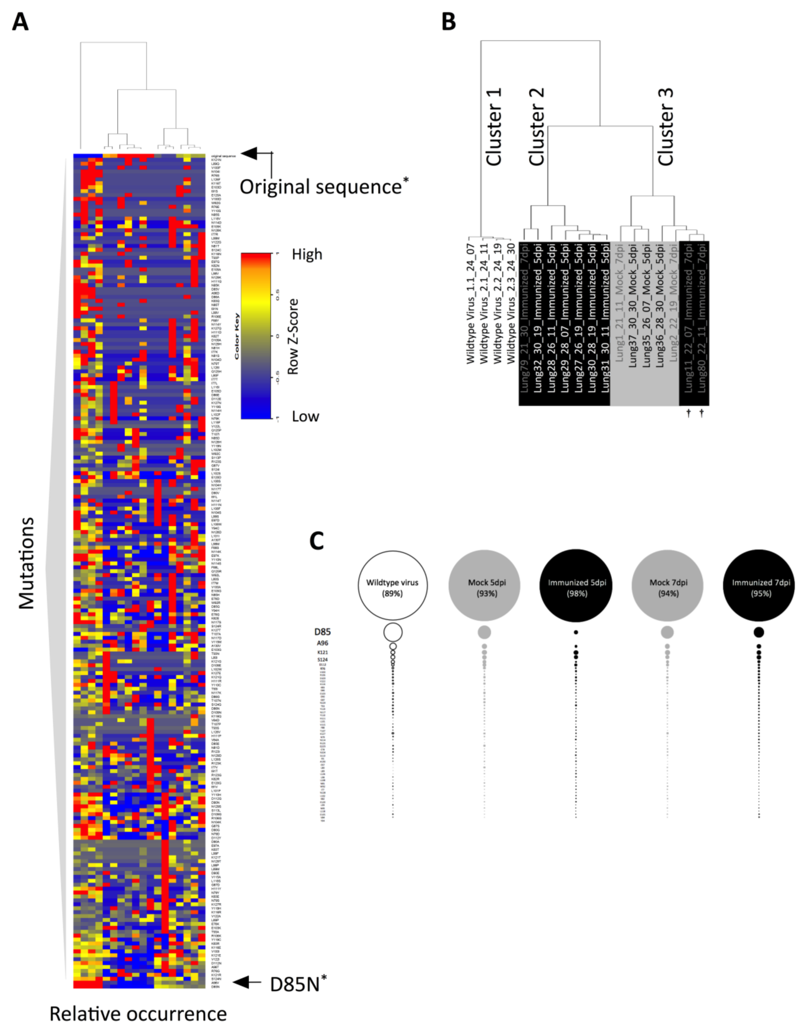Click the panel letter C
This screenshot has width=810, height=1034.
317,541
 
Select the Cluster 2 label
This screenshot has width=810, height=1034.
536,127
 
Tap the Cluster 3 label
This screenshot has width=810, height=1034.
666,127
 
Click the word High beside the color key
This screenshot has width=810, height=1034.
307,255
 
